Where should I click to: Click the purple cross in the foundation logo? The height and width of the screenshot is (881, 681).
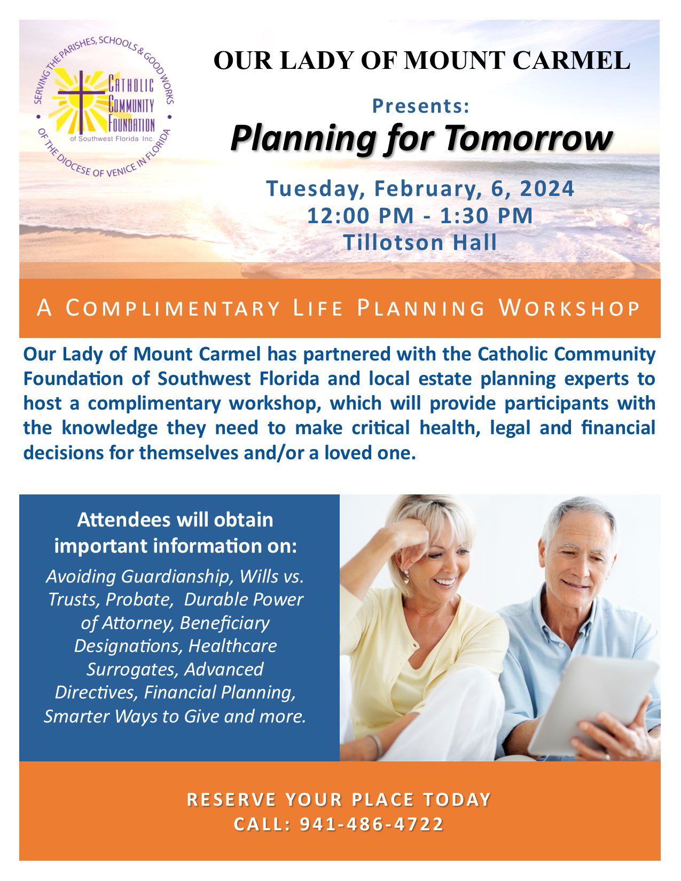click(x=81, y=101)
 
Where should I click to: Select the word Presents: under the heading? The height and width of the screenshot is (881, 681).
click(x=421, y=106)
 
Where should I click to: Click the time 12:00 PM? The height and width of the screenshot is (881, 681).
click(x=360, y=215)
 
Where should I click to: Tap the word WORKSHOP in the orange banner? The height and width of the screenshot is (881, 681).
click(x=569, y=308)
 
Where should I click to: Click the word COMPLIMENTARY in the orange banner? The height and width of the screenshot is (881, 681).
click(x=173, y=308)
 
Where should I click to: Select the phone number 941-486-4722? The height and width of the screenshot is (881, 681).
click(x=372, y=824)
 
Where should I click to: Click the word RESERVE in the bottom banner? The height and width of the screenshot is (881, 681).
click(x=232, y=800)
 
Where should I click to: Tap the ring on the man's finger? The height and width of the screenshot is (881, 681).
click(x=607, y=756)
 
